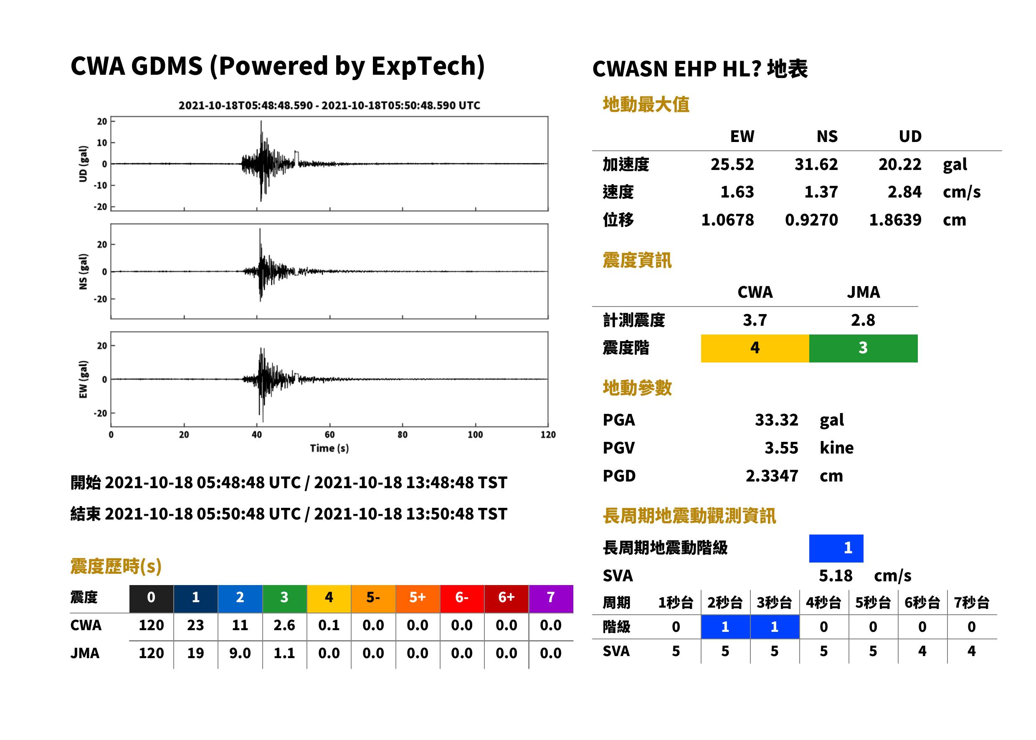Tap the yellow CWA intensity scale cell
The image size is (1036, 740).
pos(755,348)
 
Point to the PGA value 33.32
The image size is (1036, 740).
pos(776,419)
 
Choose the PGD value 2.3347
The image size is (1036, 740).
pos(772,476)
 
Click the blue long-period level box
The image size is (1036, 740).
pos(836,548)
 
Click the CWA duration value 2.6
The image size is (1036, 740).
pos(284,625)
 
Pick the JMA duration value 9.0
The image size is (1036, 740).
pos(240,653)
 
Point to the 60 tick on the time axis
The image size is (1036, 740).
pos(329,434)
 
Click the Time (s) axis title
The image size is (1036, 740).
pos(329,448)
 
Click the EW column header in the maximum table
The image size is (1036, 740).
pos(742,136)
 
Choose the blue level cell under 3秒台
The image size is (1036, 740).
pos(775,627)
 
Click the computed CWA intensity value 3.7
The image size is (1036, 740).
pos(755,320)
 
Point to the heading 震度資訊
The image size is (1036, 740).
pos(637,260)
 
